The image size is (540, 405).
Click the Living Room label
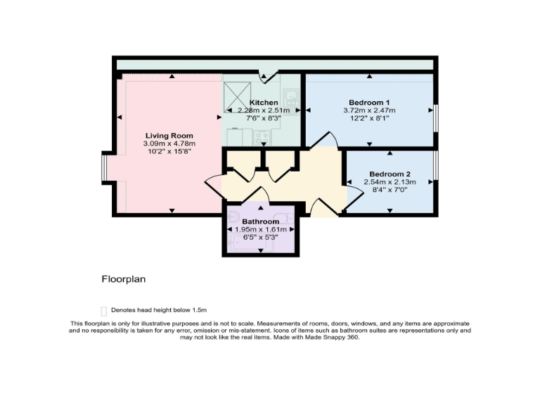tap(169, 136)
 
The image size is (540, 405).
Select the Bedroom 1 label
tap(369, 103)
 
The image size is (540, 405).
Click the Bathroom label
tap(261, 221)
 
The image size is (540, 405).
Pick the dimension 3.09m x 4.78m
tap(169, 144)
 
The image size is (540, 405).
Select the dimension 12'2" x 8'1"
tap(369, 119)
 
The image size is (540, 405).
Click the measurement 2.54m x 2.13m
tap(390, 182)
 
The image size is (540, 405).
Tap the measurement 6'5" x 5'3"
tap(261, 237)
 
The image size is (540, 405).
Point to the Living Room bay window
tap(104, 168)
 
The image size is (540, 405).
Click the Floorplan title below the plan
tap(123, 279)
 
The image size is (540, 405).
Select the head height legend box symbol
tap(104, 310)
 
